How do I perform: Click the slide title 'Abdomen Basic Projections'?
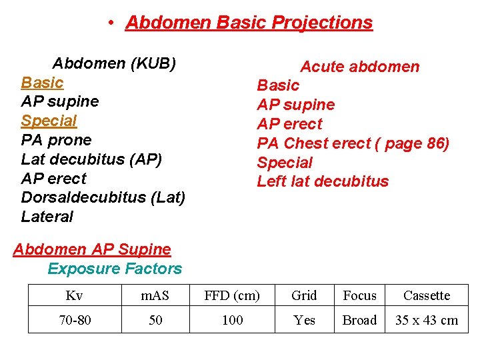pos(249,23)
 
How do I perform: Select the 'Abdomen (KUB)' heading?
pos(114,63)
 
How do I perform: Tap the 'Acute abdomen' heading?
pos(359,67)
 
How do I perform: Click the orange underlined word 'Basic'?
pos(42,83)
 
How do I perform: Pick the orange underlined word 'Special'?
pos(49,121)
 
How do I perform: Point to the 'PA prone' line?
pos(56,140)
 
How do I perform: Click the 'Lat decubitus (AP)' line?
pos(91,159)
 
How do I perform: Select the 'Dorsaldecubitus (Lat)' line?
pos(103,198)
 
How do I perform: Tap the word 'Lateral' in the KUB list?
pos(47,217)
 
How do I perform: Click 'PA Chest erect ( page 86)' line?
pos(353,143)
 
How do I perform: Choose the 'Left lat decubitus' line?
pos(323,181)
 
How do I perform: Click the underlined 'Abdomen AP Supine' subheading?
pos(92,249)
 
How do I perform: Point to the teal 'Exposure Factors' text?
pos(115,269)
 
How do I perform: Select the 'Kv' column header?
pos(75,295)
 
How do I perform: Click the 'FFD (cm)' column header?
pos(232,295)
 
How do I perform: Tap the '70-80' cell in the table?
pos(75,320)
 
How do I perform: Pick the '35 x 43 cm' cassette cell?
pos(427,320)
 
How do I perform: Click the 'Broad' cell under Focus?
pos(359,320)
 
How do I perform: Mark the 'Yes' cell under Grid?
pos(305,320)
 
